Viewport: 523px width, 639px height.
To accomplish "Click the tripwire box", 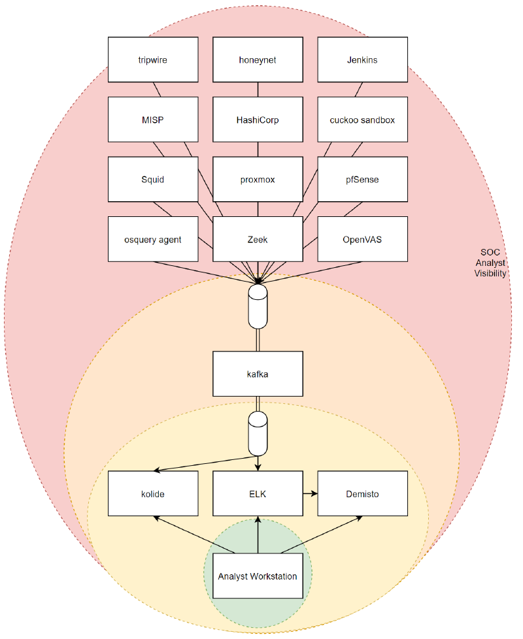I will click(x=153, y=59).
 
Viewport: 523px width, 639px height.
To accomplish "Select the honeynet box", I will click(x=258, y=59).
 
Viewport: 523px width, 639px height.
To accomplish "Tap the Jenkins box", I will click(x=362, y=59).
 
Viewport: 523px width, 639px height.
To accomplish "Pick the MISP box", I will click(x=153, y=120).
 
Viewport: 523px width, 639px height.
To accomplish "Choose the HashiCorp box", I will click(x=258, y=120).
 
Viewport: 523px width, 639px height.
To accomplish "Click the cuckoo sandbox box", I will click(x=362, y=120).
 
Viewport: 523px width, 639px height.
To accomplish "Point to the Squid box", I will click(x=153, y=179).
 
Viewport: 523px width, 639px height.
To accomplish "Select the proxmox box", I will click(x=258, y=179).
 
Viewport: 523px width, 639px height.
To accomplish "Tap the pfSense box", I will click(x=362, y=179).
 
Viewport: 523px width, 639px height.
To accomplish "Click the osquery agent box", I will click(x=153, y=239).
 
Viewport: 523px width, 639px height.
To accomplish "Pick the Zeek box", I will click(x=258, y=239).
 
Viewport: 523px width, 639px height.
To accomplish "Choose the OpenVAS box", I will click(x=362, y=239).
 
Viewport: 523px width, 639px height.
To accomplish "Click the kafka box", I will click(x=258, y=374).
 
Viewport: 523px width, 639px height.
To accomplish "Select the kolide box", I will click(x=153, y=493).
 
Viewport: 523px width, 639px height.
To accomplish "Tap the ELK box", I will click(x=258, y=493).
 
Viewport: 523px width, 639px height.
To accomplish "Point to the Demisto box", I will click(x=362, y=493).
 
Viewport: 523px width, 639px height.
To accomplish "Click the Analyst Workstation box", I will click(x=258, y=576).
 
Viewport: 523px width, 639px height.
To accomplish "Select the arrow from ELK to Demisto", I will click(x=310, y=493).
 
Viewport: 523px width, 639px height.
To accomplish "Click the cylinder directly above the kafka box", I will click(x=258, y=306).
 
